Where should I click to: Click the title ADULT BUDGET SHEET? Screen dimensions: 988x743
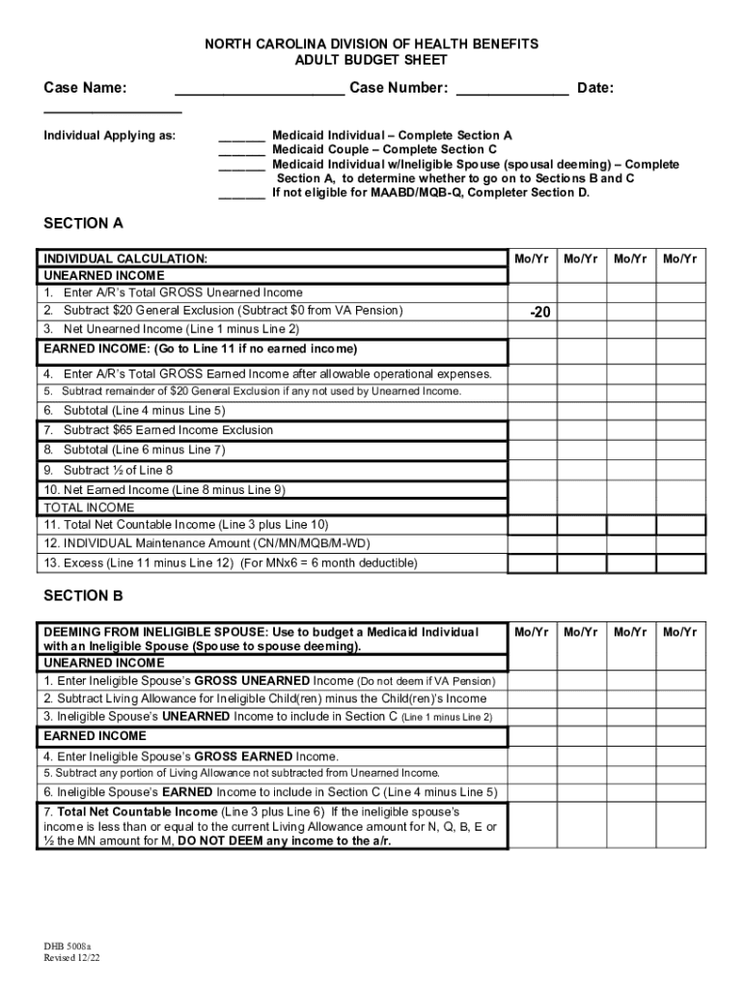(371, 60)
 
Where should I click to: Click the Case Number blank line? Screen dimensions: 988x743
(511, 94)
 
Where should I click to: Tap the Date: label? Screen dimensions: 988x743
(595, 89)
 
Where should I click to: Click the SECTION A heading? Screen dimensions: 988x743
(83, 224)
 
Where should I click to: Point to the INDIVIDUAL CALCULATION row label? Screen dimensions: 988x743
(124, 259)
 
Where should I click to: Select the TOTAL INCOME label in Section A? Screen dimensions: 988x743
(89, 507)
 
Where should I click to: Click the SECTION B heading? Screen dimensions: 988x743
(83, 596)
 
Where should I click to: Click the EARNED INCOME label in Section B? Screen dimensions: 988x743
(95, 736)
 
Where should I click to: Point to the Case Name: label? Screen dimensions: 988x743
(85, 89)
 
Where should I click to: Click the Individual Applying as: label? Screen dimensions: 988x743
(110, 136)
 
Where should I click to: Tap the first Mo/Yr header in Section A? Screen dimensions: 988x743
(534, 259)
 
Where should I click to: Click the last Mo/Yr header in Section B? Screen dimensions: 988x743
(680, 632)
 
